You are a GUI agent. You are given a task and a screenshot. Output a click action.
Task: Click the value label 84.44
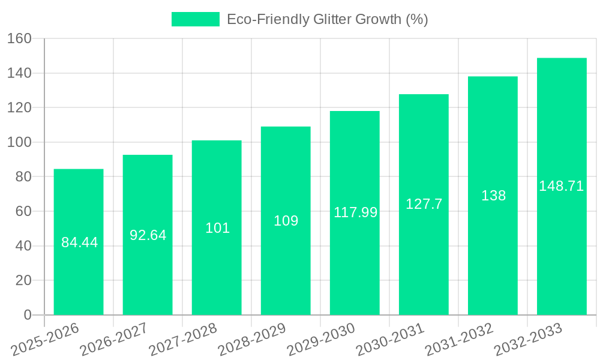coord(79,243)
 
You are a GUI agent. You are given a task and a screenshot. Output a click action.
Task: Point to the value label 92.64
coord(148,235)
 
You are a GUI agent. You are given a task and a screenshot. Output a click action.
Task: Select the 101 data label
coord(217,228)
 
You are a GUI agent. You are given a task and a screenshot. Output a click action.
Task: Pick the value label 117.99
coord(355,212)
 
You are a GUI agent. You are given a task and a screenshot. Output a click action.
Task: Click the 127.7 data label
coord(424,204)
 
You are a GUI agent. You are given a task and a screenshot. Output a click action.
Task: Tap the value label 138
coord(493,196)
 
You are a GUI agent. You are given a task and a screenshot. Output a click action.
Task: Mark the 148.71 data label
coord(561,186)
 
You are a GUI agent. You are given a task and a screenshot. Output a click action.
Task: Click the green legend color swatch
coord(196,19)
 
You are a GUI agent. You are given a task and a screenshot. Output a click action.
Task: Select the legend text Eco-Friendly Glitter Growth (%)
coord(327,19)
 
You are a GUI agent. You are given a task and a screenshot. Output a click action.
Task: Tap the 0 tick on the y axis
coord(27,315)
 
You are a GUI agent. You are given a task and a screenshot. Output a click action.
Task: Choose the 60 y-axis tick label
coord(22,211)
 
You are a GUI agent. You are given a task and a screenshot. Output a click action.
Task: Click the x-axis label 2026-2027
coord(114,340)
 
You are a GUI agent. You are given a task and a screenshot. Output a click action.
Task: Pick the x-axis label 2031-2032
coord(459,340)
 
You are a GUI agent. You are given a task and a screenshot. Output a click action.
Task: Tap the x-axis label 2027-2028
coord(183,340)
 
